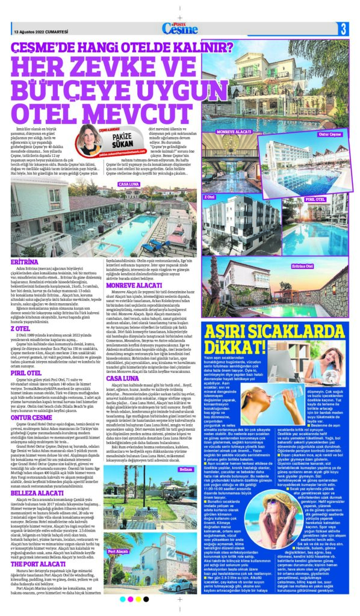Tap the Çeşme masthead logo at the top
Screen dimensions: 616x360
[x=179, y=28]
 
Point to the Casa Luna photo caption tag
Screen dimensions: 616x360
[x=129, y=183]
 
